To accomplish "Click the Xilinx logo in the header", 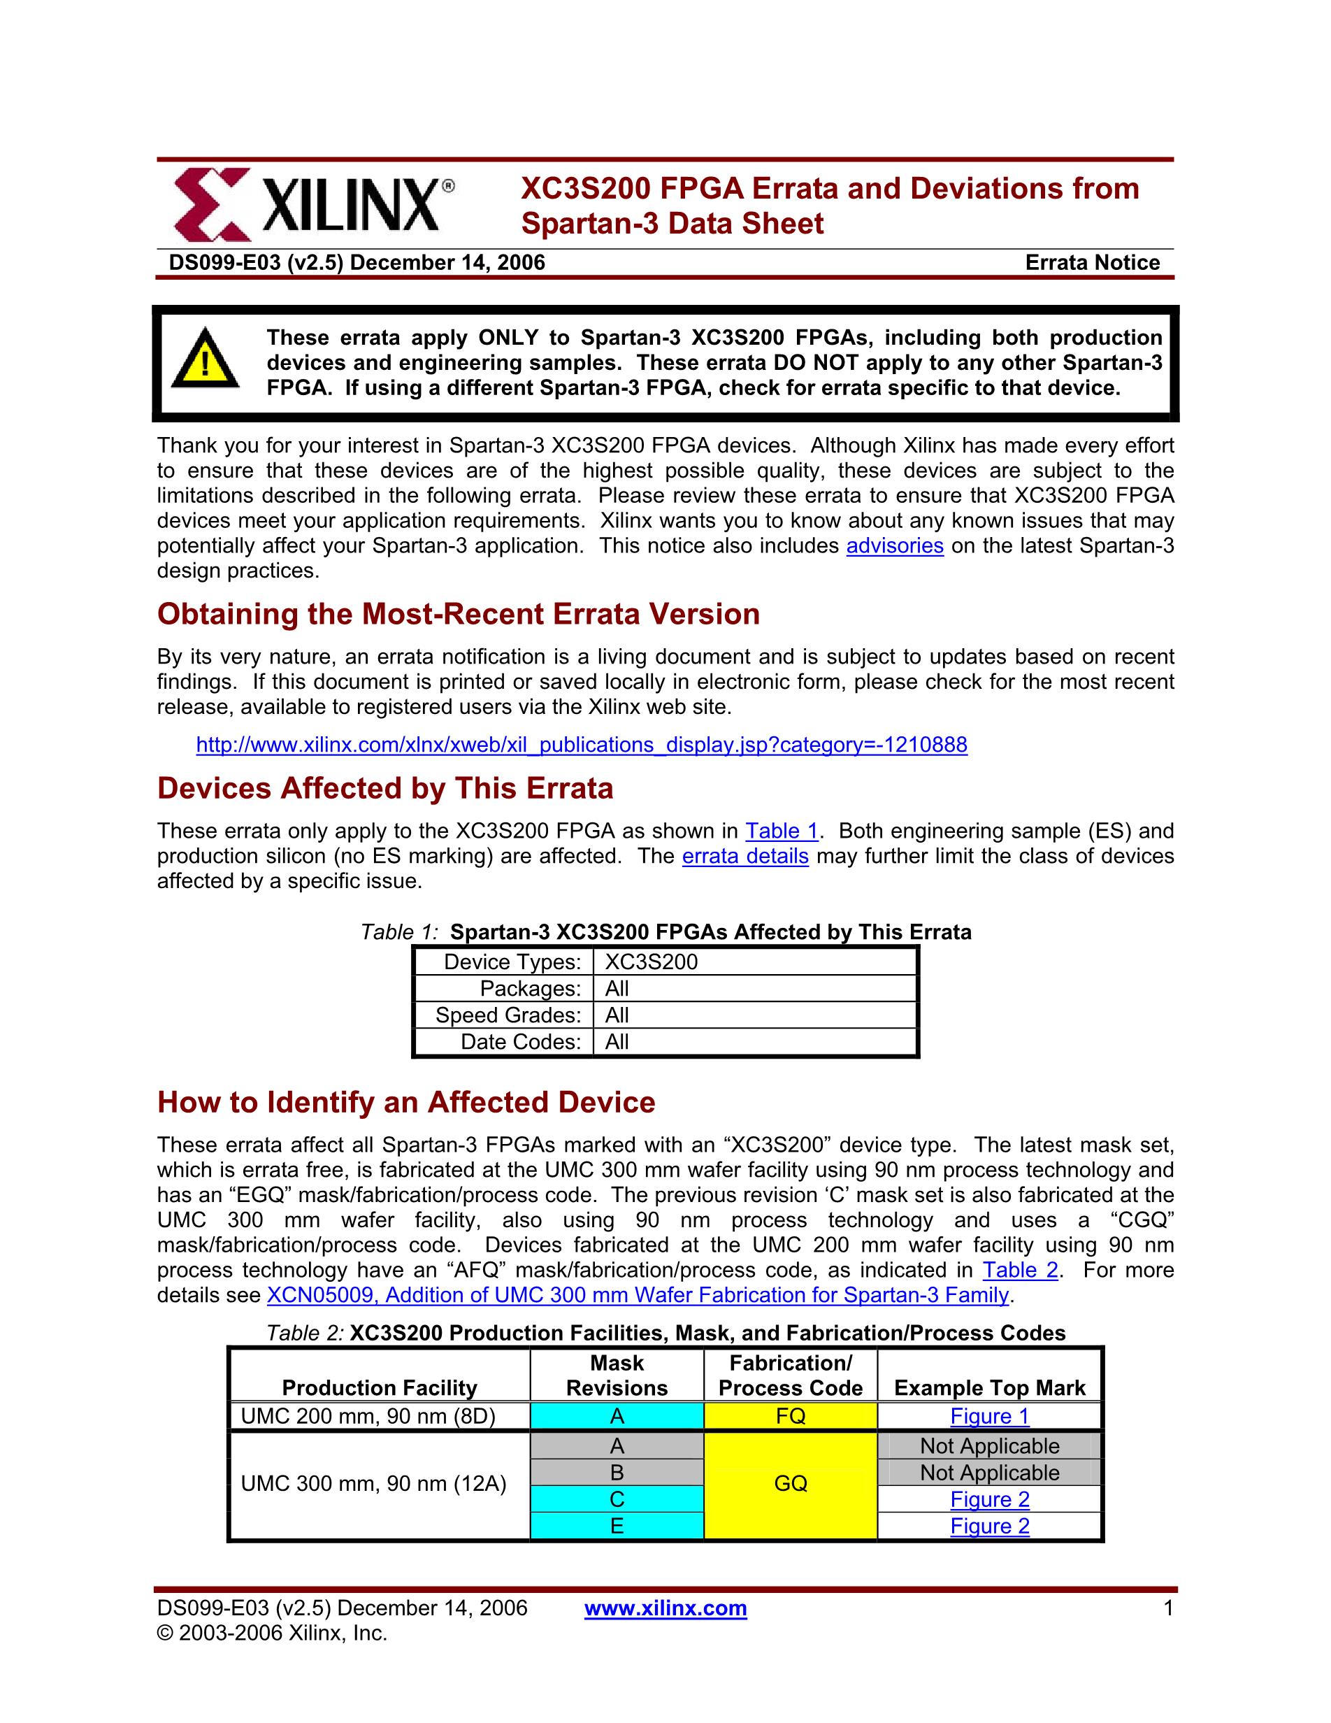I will [314, 203].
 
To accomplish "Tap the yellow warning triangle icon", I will [205, 362].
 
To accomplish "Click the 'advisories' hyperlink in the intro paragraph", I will [895, 546].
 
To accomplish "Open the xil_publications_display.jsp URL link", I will [581, 745].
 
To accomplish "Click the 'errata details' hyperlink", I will [745, 856].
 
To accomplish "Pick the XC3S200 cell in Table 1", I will [652, 961].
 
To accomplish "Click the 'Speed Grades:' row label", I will [509, 1015].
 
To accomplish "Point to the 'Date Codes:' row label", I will [520, 1042].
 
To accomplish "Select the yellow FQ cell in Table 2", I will [790, 1416].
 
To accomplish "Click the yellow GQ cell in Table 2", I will [790, 1484].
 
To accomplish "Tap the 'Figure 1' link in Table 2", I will [990, 1416].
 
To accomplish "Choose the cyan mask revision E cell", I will [617, 1526].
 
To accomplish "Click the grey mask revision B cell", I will [617, 1472].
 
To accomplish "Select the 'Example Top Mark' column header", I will [990, 1388].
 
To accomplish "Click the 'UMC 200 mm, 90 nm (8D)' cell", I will [368, 1416].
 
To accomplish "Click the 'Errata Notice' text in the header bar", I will [1092, 263].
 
